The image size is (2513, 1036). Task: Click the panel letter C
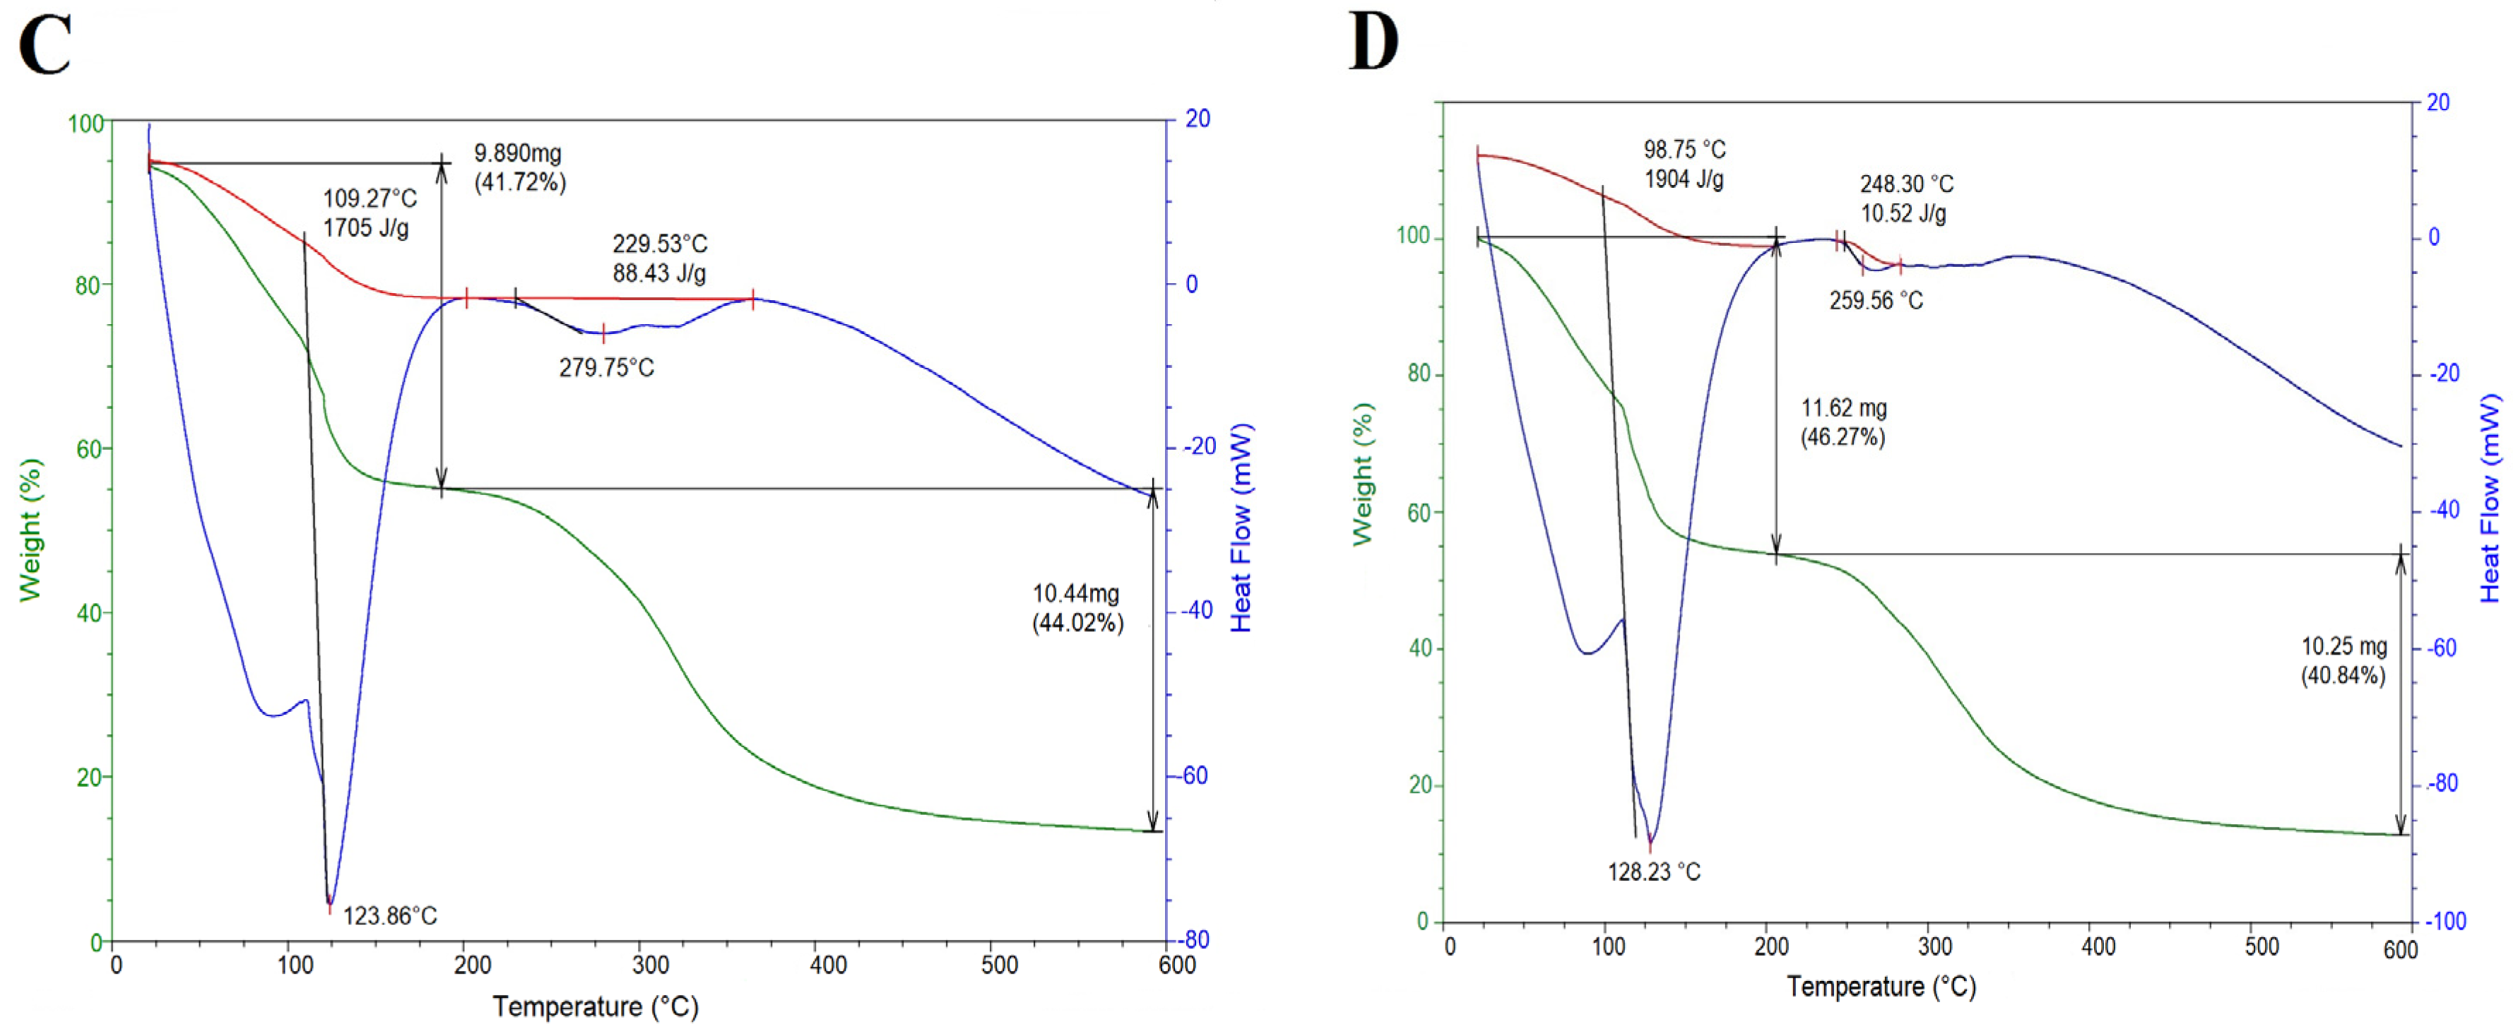click(x=45, y=46)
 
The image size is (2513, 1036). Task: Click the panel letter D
click(x=1373, y=43)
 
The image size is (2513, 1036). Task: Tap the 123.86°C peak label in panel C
click(x=390, y=915)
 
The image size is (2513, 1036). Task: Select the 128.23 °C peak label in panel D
click(x=1653, y=871)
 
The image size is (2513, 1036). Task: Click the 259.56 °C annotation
click(x=1875, y=300)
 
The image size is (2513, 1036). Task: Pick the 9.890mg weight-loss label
click(x=518, y=153)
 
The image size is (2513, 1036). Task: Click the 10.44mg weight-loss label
click(x=1076, y=593)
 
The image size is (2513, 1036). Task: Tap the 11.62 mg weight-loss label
click(x=1843, y=407)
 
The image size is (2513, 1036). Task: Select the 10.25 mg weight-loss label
click(x=2343, y=645)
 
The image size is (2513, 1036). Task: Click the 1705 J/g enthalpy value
click(x=366, y=228)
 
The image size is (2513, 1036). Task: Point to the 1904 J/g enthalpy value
click(x=1684, y=179)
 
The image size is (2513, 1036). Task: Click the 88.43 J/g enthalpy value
click(x=658, y=273)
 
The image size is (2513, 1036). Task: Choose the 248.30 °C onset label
click(x=1906, y=184)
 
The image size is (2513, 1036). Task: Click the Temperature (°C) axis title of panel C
click(x=595, y=1006)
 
